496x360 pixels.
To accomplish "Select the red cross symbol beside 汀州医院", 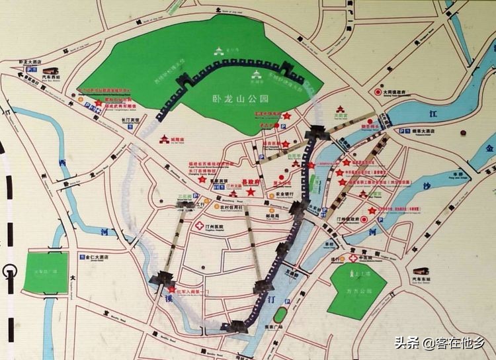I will tap(198, 226).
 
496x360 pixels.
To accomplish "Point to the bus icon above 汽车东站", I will tap(421, 272).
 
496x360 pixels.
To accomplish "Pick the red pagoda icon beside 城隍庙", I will tap(163, 139).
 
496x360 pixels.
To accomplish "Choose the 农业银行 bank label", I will tap(282, 195).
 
